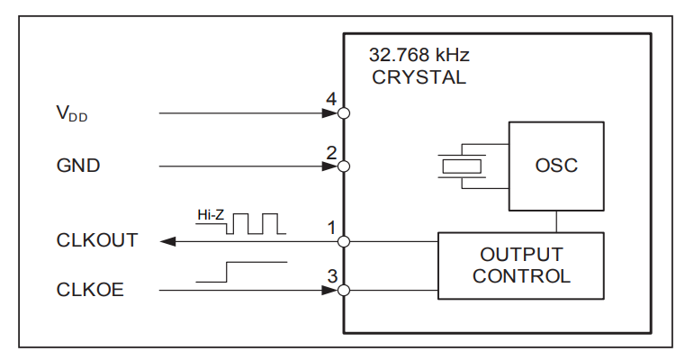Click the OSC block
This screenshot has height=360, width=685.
click(556, 166)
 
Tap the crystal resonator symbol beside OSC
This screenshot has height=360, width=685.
click(461, 166)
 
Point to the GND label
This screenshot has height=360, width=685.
click(77, 166)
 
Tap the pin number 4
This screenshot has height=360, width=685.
click(331, 100)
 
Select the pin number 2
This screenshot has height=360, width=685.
click(331, 152)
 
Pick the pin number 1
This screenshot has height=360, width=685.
click(331, 227)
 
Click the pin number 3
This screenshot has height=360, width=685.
click(331, 276)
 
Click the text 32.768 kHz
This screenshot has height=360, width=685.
click(419, 55)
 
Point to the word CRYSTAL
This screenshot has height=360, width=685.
click(419, 77)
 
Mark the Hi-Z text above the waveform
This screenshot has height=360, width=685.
click(210, 215)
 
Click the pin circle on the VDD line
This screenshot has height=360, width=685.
click(343, 114)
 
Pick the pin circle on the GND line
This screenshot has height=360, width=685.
click(343, 166)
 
